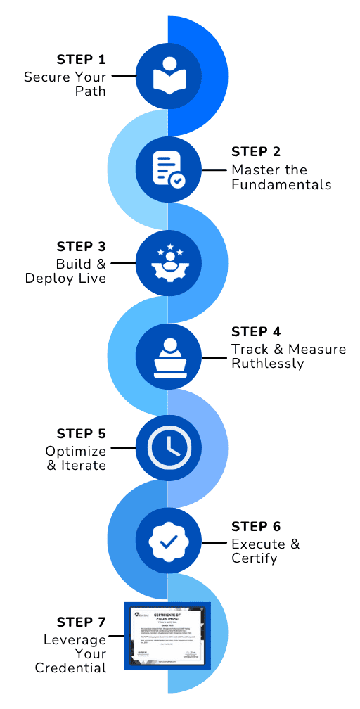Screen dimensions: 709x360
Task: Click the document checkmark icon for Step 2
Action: [168, 169]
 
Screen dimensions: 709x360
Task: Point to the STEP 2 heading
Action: [256, 153]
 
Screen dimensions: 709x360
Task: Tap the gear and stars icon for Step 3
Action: [168, 262]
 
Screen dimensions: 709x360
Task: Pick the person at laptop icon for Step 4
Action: [168, 356]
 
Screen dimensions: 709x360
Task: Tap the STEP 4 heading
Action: [256, 331]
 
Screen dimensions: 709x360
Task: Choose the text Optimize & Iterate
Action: [75, 458]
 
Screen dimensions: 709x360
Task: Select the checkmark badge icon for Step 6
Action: [168, 542]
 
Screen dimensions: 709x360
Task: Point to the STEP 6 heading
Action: [256, 526]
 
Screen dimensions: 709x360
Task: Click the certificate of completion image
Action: [168, 635]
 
